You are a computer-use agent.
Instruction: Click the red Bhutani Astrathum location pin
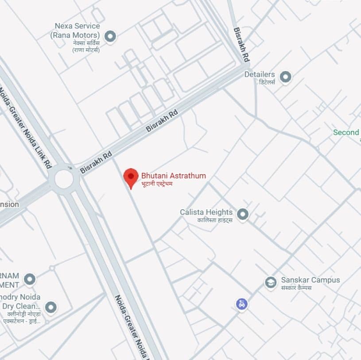click(x=131, y=177)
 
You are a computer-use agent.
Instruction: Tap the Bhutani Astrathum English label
click(x=173, y=176)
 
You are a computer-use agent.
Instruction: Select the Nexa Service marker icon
click(x=110, y=36)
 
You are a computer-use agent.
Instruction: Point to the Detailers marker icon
click(x=286, y=77)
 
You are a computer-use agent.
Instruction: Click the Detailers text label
click(x=260, y=74)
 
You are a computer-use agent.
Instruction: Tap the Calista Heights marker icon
click(x=242, y=215)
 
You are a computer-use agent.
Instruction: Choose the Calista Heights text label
click(x=206, y=212)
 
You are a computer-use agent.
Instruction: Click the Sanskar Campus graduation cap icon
click(x=271, y=282)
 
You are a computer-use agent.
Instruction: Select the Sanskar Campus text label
click(x=311, y=280)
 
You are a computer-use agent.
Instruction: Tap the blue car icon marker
click(x=241, y=304)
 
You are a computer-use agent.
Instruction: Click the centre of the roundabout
click(x=64, y=179)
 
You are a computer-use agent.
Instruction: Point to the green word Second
click(x=346, y=132)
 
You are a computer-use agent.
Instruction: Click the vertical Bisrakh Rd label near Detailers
click(x=241, y=45)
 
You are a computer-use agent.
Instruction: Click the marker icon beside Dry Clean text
click(x=51, y=307)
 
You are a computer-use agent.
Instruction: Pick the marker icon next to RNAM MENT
click(x=29, y=279)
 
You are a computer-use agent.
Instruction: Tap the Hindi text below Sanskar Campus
click(x=296, y=287)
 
